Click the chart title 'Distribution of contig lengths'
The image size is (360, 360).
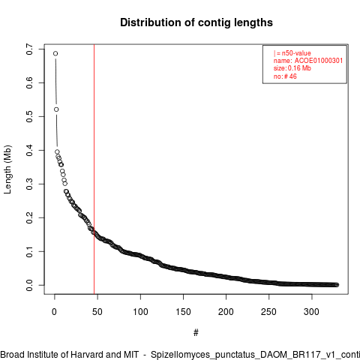(196, 22)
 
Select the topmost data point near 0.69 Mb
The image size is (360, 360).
(55, 53)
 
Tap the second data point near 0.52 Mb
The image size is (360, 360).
(56, 109)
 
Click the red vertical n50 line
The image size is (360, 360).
(94, 169)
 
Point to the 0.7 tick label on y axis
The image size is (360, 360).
(29, 49)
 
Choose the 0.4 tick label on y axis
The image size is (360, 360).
(29, 150)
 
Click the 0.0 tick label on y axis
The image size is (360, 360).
(29, 285)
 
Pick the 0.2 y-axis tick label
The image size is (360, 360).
(29, 217)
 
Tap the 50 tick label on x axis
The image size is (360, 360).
(97, 312)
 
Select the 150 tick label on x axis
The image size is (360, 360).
(183, 312)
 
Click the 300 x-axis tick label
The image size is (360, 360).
(312, 312)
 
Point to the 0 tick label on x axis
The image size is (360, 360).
(54, 312)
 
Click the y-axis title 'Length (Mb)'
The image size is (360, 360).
(7, 169)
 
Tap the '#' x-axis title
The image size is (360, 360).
(196, 333)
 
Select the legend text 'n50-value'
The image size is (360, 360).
(296, 53)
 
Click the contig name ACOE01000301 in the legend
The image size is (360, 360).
(319, 61)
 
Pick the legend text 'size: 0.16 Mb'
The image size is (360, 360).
(292, 68)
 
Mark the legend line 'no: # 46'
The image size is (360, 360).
(285, 76)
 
